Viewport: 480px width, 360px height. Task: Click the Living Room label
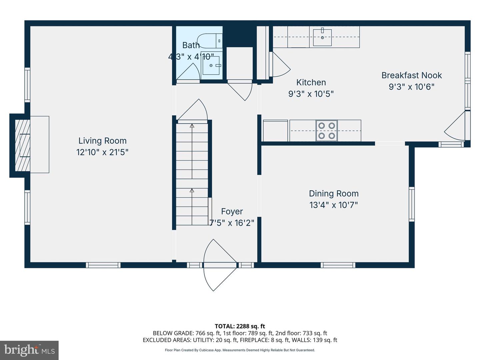102,141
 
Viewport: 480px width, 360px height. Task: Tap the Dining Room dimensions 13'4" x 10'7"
333,205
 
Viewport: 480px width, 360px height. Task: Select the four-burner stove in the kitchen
326,131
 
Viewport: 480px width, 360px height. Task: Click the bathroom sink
211,65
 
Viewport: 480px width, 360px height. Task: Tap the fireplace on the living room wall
23,145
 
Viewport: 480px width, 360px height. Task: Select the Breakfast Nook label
411,75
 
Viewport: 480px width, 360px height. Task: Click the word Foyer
232,211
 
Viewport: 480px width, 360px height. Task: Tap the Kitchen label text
311,82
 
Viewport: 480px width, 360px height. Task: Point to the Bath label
191,45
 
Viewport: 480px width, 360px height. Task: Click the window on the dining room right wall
412,204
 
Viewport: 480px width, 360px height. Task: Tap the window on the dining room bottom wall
338,265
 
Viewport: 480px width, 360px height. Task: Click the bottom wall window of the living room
103,265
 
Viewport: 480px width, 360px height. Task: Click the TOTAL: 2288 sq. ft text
240,326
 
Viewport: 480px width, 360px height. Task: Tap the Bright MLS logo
29,350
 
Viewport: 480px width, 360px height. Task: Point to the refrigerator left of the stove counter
275,131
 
